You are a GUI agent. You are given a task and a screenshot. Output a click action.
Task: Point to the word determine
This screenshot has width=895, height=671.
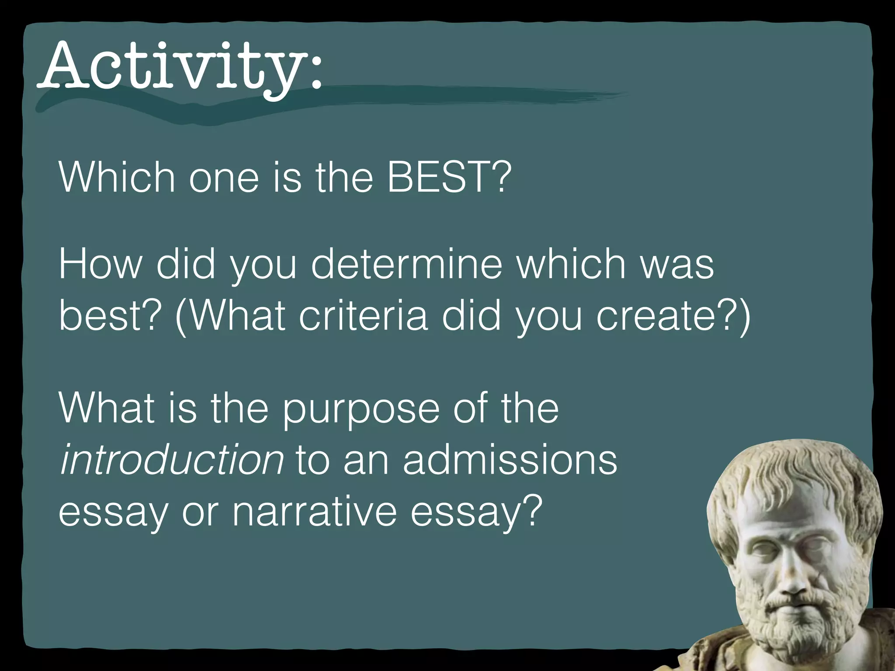coord(407,265)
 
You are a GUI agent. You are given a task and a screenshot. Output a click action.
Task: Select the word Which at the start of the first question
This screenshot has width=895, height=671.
coord(117,177)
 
